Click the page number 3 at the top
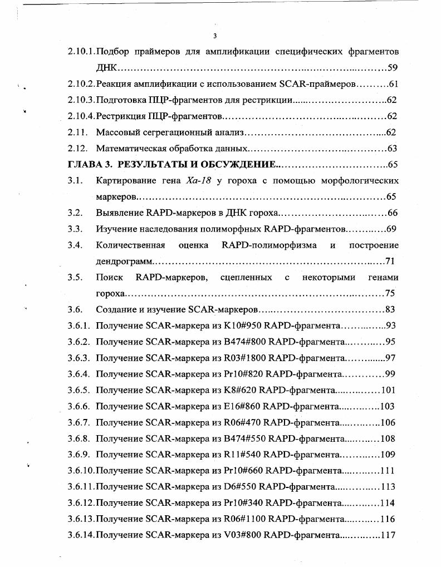coord(214,37)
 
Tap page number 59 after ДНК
coord(392,68)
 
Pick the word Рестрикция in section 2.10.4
coord(119,116)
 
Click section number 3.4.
coord(75,245)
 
